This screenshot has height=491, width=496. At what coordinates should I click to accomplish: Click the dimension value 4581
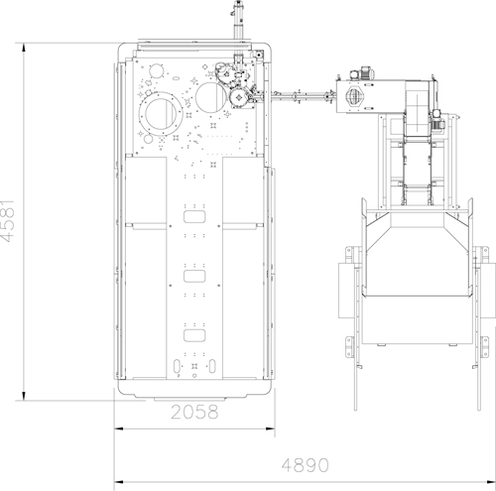coord(7,220)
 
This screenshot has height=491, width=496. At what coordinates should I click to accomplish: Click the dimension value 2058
coord(194,412)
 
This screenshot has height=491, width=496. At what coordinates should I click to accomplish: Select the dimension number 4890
coord(306,465)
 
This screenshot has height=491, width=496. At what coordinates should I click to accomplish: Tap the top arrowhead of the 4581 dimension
coord(24,49)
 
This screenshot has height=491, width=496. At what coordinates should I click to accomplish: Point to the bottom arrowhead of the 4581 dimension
coord(24,396)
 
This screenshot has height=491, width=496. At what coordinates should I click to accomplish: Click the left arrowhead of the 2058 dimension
coord(119,429)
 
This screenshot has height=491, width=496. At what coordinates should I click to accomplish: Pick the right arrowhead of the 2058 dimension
coord(270,429)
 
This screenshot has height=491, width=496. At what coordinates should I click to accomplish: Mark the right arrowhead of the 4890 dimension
coord(490,482)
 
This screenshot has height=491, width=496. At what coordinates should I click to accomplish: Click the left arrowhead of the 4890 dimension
coord(119,482)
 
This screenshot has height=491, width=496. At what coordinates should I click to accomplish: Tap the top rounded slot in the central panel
coord(194,217)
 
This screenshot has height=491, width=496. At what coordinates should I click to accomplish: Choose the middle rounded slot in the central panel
coord(194,277)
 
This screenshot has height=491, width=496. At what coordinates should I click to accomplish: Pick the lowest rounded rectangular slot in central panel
coord(194,335)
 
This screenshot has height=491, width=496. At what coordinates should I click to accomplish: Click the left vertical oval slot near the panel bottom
coord(177,366)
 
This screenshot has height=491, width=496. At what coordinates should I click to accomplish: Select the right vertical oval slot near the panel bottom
coord(212,366)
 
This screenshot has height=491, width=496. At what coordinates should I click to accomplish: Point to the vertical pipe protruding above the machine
coord(238,22)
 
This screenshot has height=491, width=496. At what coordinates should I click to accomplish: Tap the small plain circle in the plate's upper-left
coord(156,71)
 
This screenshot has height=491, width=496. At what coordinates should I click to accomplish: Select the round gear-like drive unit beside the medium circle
coord(239,97)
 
